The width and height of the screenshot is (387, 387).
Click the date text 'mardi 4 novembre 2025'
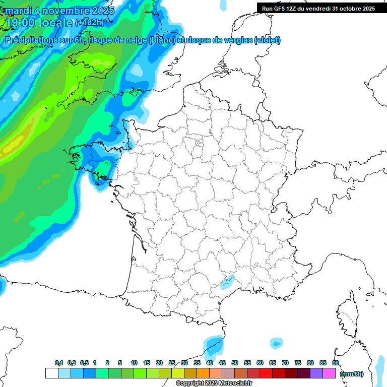[x=60, y=11]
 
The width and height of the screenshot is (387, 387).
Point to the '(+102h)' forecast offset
[x=89, y=23]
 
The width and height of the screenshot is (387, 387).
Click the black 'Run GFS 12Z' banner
[x=318, y=8]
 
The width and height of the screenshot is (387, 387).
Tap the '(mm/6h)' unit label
[x=351, y=374]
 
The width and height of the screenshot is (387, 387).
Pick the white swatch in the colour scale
[x=51, y=373]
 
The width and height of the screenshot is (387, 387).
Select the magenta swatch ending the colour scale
[x=329, y=373]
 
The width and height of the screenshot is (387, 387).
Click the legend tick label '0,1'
[x=59, y=363]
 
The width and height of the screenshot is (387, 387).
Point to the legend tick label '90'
[x=335, y=363]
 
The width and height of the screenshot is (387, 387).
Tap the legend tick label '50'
[x=235, y=363]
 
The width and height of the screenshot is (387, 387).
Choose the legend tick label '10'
[x=134, y=363]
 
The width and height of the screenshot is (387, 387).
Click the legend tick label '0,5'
[x=84, y=363]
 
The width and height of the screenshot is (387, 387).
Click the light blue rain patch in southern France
[x=228, y=281]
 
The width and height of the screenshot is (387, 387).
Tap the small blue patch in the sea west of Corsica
[x=276, y=343]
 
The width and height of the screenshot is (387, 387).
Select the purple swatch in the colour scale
[x=316, y=373]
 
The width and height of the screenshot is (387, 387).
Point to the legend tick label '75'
[x=298, y=363]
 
